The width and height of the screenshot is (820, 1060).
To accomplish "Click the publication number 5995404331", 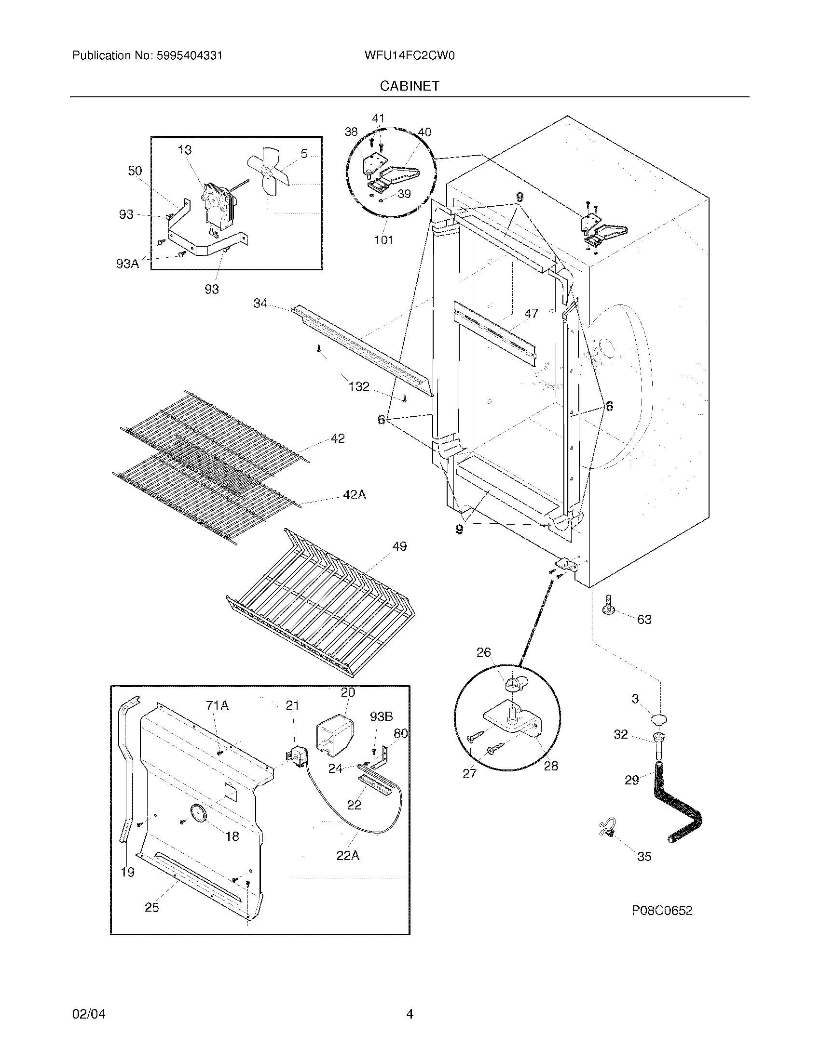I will pos(189,56).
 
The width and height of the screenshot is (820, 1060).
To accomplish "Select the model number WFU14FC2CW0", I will pos(409,56).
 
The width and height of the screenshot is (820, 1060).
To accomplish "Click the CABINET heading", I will pos(410,86).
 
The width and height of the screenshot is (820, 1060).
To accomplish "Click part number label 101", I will pos(383,239).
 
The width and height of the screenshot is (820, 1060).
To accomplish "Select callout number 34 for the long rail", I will pos(260,304).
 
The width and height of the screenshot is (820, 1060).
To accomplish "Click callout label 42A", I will pos(354,495).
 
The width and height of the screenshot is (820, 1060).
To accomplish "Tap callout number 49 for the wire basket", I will pos(399,546).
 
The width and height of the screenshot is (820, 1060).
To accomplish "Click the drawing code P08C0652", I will pos(662,911).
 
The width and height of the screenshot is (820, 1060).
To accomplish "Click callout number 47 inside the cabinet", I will pos(531,314).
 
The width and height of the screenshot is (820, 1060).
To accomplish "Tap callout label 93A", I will pos(127,264).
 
